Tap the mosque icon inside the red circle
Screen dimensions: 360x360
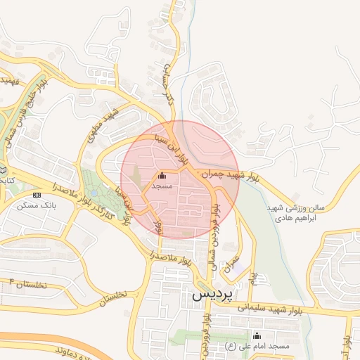point(163,176)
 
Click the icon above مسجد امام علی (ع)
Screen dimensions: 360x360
point(256,335)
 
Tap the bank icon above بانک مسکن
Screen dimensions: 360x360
point(37,195)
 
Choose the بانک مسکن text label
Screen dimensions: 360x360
point(39,205)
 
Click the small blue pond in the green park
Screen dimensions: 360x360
point(94,192)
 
